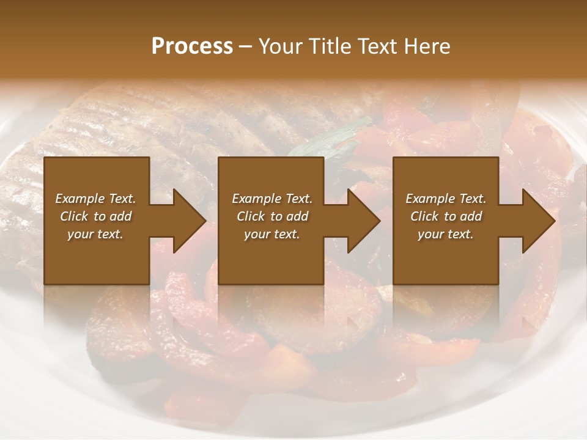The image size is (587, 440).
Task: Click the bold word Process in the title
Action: point(192,46)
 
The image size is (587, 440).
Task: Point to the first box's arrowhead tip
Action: point(206,221)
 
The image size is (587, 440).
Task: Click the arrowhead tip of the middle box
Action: point(380,221)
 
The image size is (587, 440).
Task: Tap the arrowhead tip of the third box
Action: point(555,221)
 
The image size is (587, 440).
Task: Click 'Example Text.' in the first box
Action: point(95,199)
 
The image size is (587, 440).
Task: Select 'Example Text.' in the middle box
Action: point(272,199)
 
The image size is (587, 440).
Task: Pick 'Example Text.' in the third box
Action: point(446,199)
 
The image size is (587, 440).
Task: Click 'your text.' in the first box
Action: point(95,234)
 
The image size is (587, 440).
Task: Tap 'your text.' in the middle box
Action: point(272,234)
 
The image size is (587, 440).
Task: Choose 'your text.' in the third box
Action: point(446,234)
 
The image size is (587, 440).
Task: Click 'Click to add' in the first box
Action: point(95,216)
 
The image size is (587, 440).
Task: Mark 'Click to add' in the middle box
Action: point(272,216)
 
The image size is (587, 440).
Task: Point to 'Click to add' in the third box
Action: point(446,216)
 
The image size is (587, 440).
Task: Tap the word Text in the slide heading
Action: point(376,46)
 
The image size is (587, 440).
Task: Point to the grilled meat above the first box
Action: point(122,122)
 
